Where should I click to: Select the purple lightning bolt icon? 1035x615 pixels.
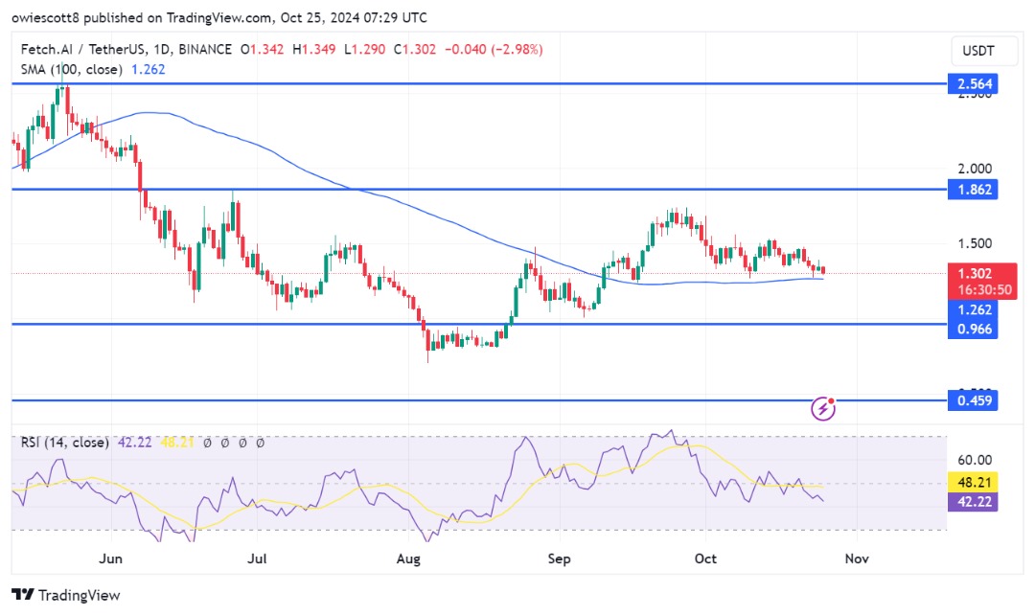pyautogui.click(x=823, y=409)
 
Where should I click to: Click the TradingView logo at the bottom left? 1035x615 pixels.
pyautogui.click(x=66, y=595)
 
